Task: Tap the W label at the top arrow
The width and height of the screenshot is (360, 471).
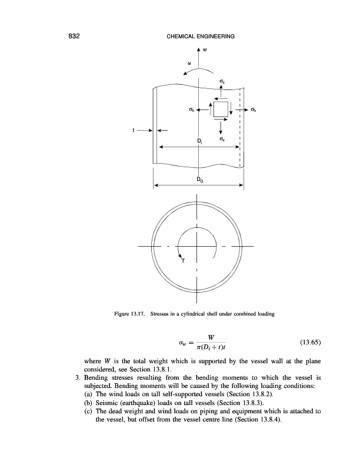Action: click(x=204, y=49)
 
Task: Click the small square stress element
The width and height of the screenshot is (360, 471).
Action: click(x=221, y=110)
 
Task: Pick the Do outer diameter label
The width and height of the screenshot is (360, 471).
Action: click(x=200, y=178)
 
